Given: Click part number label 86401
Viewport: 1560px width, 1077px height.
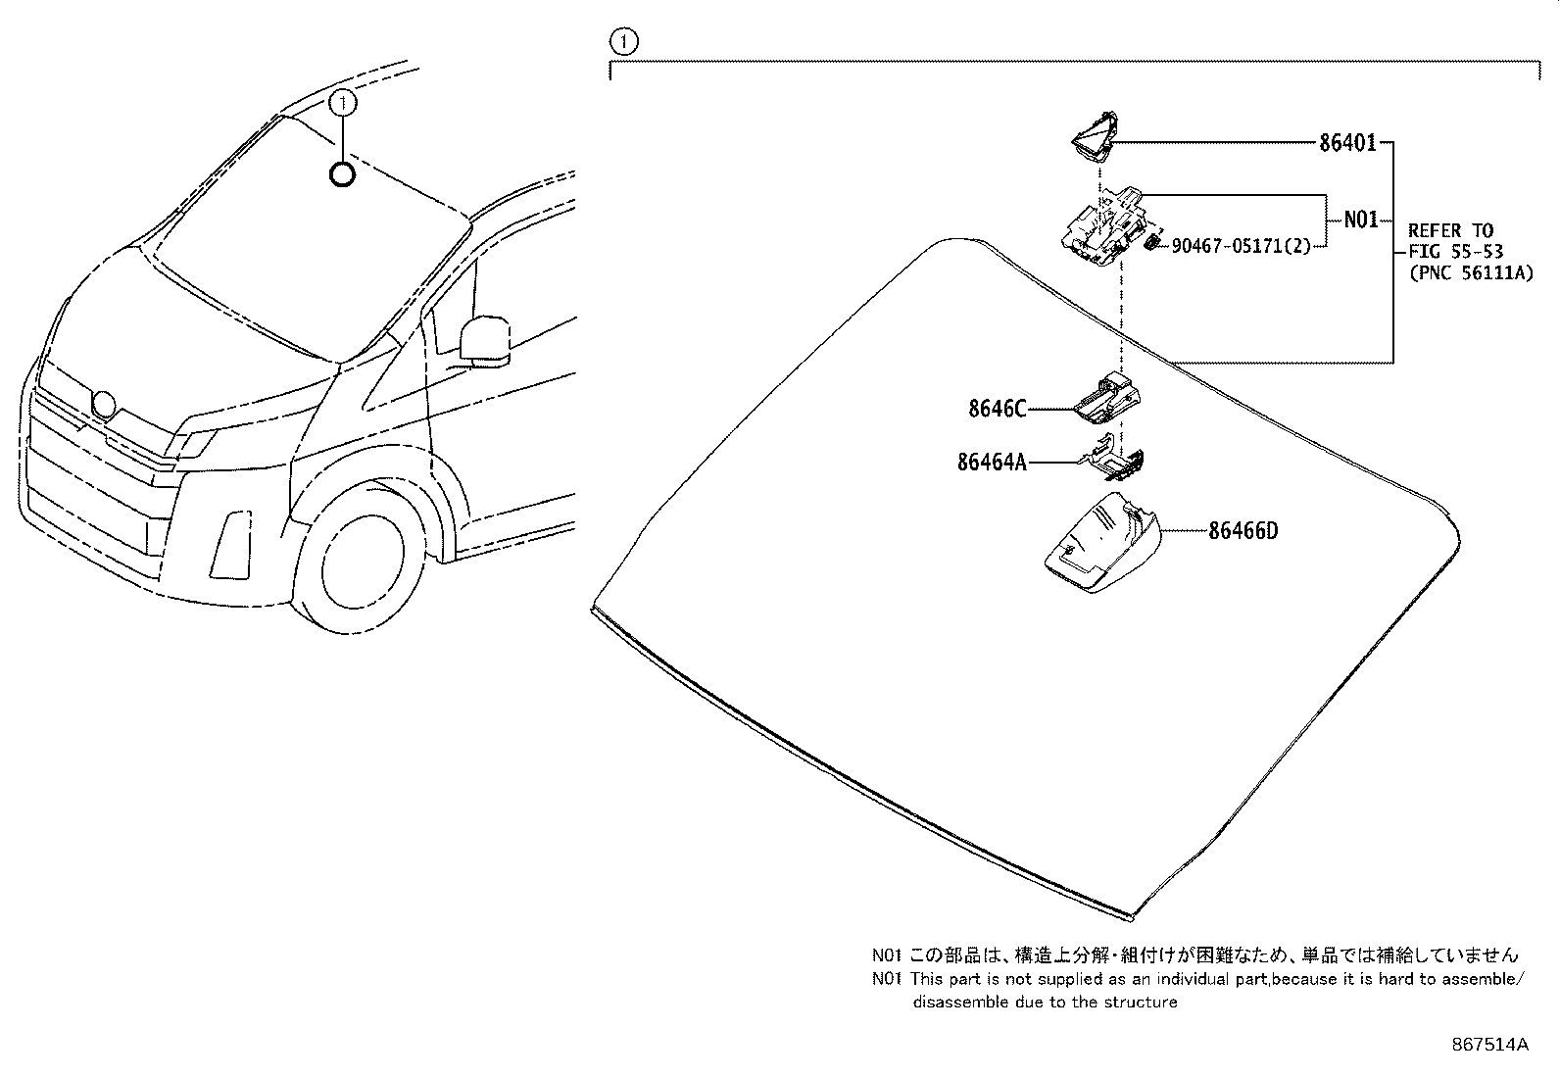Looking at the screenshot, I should (x=1347, y=143).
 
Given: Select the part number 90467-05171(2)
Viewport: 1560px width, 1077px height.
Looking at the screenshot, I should (x=1241, y=245).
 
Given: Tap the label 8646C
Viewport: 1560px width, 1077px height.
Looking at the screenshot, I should (x=997, y=409).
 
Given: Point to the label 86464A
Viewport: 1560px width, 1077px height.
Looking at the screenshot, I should (x=992, y=461).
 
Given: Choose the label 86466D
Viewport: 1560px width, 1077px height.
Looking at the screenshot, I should (x=1243, y=531).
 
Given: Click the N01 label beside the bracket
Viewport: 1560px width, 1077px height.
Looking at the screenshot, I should (x=1360, y=220).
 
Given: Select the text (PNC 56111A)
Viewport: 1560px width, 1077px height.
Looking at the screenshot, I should (x=1470, y=275).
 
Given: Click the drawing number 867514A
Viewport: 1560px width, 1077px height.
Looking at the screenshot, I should (x=1488, y=1045).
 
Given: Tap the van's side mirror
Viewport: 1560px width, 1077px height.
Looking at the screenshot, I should (x=485, y=338).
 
